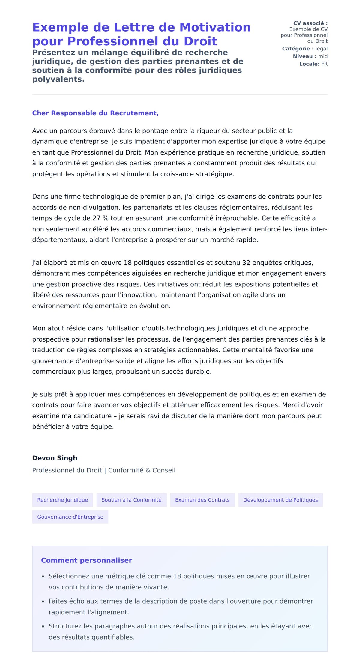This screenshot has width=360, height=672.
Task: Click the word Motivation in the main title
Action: [x=215, y=27]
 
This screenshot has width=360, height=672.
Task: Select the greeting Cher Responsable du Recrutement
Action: [x=95, y=113]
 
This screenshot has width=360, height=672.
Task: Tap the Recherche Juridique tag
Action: [x=62, y=500]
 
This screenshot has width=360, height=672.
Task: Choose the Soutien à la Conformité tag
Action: [x=131, y=500]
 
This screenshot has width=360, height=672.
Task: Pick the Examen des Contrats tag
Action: [x=202, y=500]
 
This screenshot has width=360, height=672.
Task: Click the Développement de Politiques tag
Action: [x=280, y=500]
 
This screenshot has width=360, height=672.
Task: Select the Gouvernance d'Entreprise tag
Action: [x=70, y=517]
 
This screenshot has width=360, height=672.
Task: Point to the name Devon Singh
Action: [x=55, y=458]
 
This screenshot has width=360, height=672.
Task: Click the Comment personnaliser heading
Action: [x=86, y=560]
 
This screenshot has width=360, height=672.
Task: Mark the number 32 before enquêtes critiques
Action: [x=246, y=263]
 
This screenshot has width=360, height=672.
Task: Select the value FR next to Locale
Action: [x=324, y=64]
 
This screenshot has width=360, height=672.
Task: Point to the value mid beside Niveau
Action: [x=323, y=56]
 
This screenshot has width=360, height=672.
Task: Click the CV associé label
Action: [x=310, y=23]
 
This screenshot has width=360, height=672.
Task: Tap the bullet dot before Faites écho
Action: [x=43, y=601]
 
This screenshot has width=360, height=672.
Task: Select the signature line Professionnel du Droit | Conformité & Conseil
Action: [x=104, y=470]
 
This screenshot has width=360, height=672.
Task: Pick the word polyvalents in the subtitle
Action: [x=58, y=80]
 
